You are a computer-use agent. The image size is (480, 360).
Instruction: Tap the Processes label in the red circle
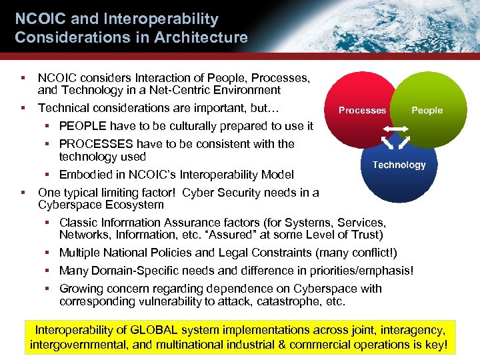tap(362, 111)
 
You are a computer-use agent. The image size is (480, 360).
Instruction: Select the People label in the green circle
tap(427, 111)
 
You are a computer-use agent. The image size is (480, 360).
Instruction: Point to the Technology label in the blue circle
tap(399, 165)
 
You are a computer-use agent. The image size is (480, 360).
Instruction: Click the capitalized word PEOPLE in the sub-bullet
tap(83, 126)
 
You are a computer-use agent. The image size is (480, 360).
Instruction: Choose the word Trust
tap(367, 235)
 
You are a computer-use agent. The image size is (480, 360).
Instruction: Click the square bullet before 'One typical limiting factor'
tap(23, 193)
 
